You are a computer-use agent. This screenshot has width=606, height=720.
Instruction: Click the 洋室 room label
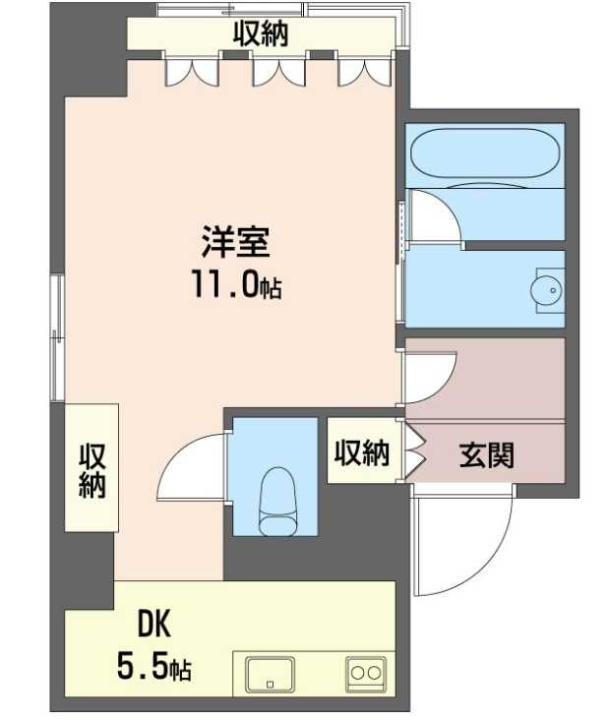(235, 241)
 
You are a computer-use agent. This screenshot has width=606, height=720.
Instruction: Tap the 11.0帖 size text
(235, 285)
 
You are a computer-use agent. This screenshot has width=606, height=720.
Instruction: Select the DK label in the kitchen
(154, 626)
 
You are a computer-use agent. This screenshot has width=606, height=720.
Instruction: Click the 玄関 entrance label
(486, 454)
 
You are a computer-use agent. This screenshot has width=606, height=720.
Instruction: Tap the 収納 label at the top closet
(260, 33)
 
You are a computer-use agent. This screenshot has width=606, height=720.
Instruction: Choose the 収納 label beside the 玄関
(362, 453)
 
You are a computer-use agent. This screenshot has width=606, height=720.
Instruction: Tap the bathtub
(484, 153)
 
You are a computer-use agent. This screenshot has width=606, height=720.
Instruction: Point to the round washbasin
(548, 289)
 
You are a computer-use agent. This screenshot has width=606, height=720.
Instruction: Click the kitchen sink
(270, 674)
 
